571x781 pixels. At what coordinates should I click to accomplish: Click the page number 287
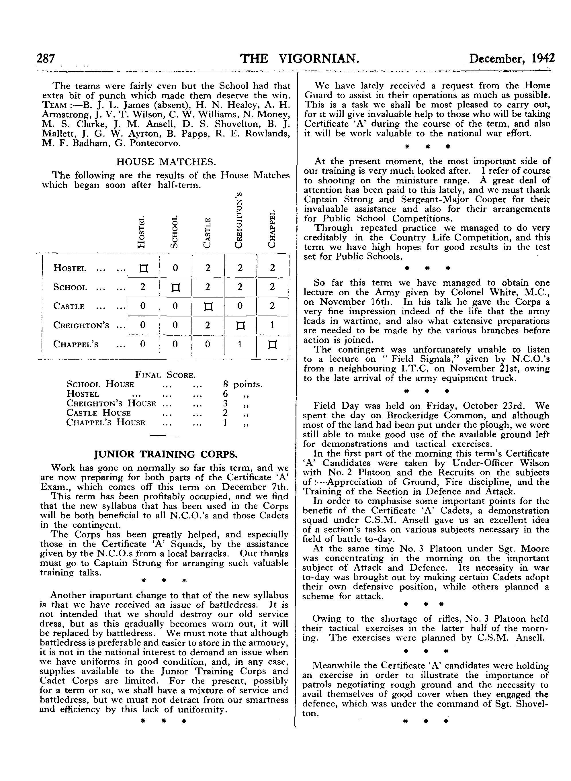pos(46,59)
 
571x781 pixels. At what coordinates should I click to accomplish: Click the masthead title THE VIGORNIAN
pos(300,58)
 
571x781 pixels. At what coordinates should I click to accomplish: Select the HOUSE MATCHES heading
pos(166,162)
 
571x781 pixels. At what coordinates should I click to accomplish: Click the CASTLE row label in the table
pos(69,307)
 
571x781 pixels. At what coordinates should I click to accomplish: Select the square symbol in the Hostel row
pos(143,268)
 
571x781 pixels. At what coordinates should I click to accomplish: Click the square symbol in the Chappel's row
pos(273,344)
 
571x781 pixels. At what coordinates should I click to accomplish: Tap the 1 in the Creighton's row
pos(273,325)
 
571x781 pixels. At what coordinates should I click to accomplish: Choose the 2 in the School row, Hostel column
pos(143,287)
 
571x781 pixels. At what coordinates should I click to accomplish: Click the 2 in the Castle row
pos(273,306)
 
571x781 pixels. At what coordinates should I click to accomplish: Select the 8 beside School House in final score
pos(225,384)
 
